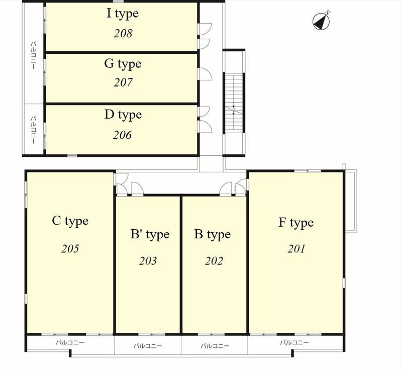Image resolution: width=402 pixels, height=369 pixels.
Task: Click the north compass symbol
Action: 321,21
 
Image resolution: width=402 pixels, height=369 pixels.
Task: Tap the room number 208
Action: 123,33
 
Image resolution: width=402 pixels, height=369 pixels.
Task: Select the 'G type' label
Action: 123,64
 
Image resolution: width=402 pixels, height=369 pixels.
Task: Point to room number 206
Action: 122,135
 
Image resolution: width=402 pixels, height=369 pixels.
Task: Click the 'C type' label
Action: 70,221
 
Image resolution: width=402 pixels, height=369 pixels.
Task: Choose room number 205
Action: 70,248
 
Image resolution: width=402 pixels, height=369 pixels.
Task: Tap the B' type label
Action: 150,235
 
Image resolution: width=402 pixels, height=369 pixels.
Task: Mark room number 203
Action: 148,261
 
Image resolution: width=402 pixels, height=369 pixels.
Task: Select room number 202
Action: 214,261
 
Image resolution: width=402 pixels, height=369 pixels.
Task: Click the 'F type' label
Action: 296,223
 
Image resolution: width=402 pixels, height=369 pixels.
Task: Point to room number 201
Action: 296,249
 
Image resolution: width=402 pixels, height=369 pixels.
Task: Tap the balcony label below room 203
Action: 148,346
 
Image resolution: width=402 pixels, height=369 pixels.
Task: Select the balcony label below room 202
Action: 215,346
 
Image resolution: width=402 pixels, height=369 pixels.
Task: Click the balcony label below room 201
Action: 294,342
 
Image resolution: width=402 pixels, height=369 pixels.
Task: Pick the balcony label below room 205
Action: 70,342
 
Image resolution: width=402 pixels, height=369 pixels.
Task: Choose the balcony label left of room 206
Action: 33,130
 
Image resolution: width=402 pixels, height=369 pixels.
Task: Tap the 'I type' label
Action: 123,14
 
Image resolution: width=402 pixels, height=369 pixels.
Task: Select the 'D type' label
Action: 123,115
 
